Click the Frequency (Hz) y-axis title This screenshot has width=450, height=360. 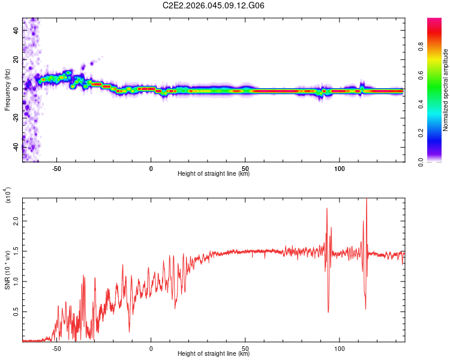(7, 89)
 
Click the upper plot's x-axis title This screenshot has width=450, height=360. (214, 174)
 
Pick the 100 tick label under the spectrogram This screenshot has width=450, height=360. (340, 168)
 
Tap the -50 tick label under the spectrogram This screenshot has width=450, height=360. (56, 168)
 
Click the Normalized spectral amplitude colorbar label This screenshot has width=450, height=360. (446, 90)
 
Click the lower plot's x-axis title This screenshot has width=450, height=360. (214, 354)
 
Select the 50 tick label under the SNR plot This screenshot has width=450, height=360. (245, 348)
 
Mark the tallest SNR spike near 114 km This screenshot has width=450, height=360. (366, 200)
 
